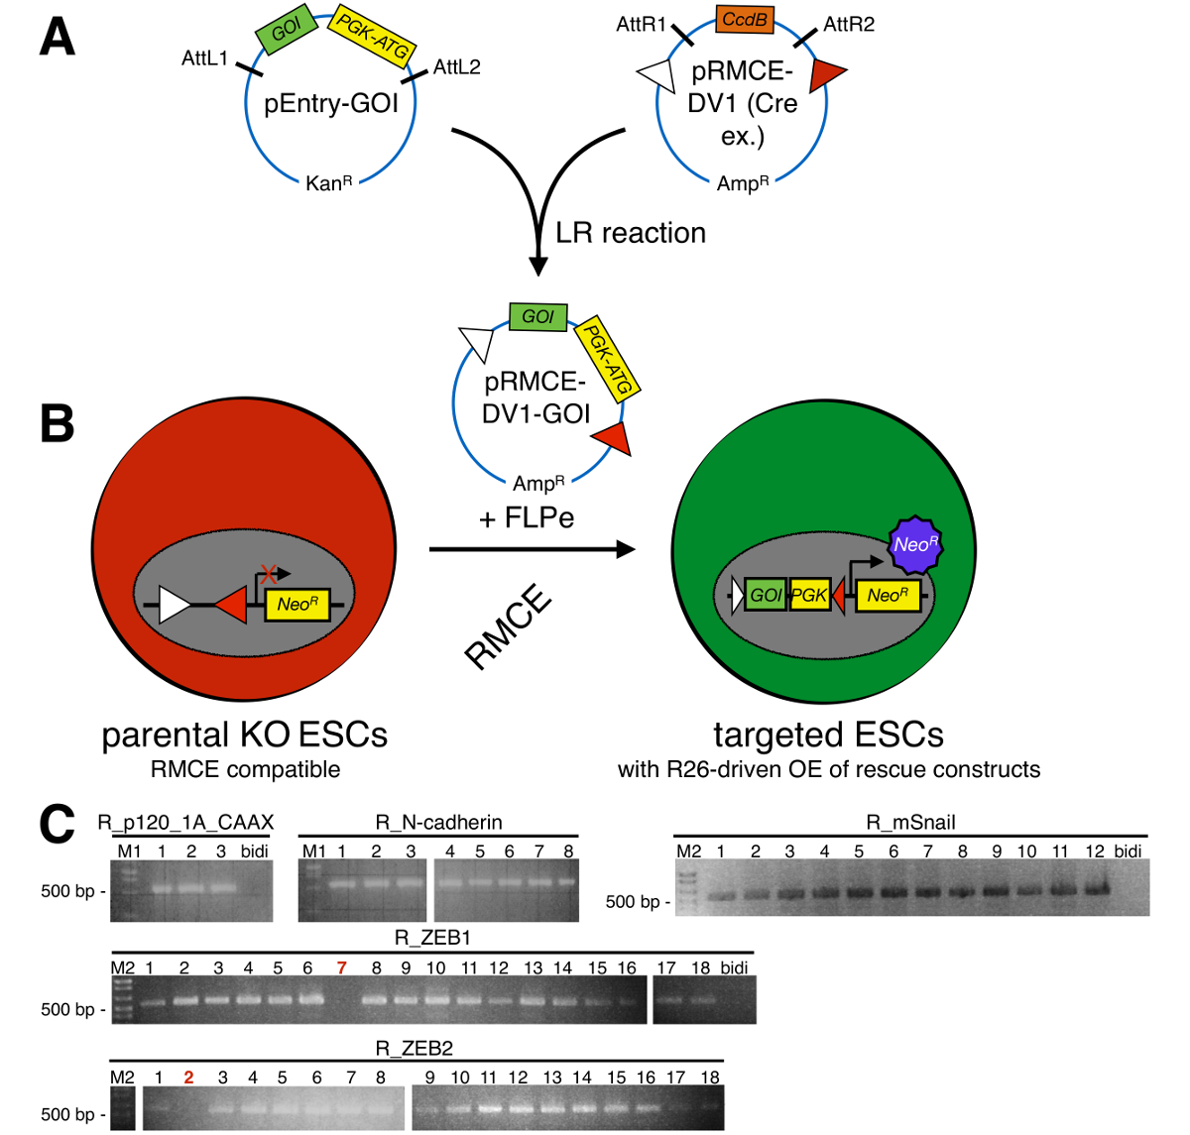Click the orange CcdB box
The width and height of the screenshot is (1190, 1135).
coord(744,20)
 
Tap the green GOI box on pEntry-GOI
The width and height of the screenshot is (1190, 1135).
coord(287,30)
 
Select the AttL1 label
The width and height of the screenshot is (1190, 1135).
coord(205,58)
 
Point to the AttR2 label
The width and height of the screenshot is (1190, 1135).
coord(849,24)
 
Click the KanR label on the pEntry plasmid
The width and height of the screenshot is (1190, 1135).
coord(329,183)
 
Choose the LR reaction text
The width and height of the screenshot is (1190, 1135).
coord(631,233)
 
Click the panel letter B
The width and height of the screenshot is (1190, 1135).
coord(58,423)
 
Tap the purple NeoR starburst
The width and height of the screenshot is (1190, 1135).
coord(914,544)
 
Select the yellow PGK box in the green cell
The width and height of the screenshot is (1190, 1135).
coord(809,595)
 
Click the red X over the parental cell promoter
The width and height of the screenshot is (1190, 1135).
coord(267,572)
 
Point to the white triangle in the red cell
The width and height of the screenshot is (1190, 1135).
coord(175,605)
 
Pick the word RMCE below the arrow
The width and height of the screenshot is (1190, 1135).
coord(508,628)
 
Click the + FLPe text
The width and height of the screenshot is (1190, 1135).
coord(527,518)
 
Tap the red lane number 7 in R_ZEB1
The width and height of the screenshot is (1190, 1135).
coord(342,967)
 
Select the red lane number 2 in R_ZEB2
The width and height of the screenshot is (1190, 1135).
coord(188,1078)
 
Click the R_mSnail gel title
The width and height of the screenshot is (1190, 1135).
coord(910,823)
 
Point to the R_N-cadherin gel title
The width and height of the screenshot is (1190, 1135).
coord(438,823)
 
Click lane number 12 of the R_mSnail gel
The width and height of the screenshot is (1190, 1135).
coord(1095,851)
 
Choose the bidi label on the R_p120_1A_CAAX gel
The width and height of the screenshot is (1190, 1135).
coord(255,851)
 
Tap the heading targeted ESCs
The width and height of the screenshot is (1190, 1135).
coord(828,735)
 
